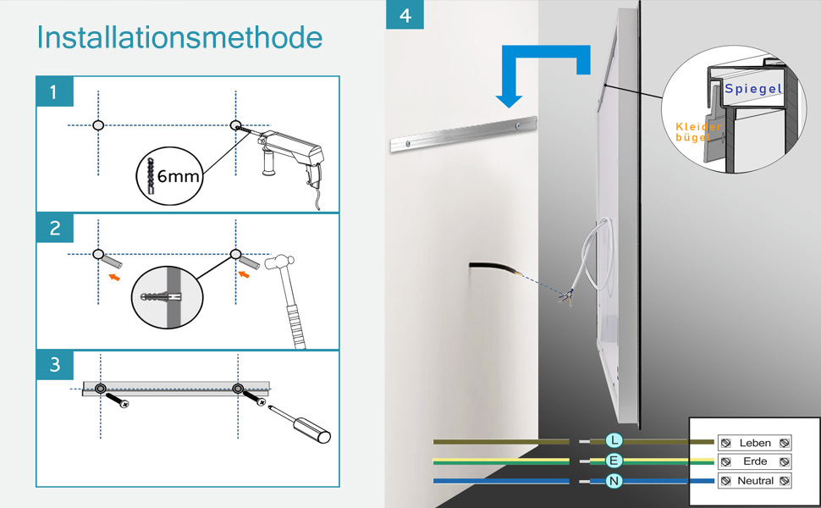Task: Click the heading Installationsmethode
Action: [x=179, y=37]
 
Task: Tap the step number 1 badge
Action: [x=54, y=91]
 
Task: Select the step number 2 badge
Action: [x=54, y=228]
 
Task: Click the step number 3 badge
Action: [x=54, y=365]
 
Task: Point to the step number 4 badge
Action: [x=405, y=14]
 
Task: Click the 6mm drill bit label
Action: [x=179, y=176]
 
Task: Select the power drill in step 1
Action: [x=290, y=157]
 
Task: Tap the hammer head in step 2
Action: [x=279, y=262]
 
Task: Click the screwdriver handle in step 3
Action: [x=311, y=429]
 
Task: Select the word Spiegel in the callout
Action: [x=753, y=89]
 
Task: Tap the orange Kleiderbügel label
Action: [x=698, y=132]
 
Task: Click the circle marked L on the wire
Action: [x=614, y=440]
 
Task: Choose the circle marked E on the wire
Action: [x=614, y=461]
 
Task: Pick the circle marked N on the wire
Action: [x=614, y=481]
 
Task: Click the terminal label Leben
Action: [x=755, y=443]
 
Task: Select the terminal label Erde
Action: [x=755, y=461]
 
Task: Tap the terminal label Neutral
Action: [x=755, y=481]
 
